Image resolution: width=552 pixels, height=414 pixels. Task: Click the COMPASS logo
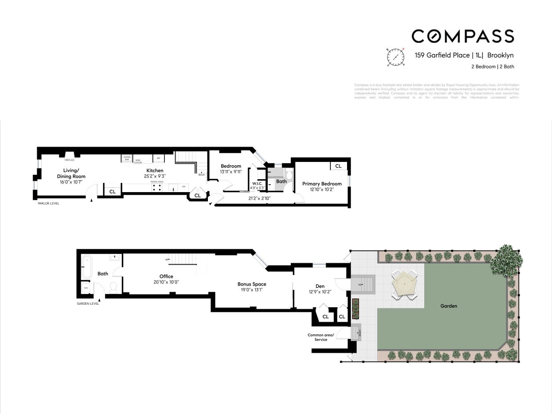pyautogui.click(x=463, y=36)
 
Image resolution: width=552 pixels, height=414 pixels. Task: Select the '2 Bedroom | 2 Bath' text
pyautogui.click(x=492, y=67)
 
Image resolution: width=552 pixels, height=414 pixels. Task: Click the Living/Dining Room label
pyautogui.click(x=71, y=173)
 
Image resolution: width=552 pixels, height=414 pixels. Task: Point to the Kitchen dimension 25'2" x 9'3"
pyautogui.click(x=155, y=176)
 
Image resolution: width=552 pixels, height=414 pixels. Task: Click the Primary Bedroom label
pyautogui.click(x=322, y=184)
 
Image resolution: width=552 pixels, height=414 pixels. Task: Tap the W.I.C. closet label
pyautogui.click(x=257, y=183)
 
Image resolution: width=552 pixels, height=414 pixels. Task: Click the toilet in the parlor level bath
pyautogui.click(x=289, y=175)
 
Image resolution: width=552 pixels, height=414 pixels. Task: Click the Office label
pyautogui.click(x=166, y=277)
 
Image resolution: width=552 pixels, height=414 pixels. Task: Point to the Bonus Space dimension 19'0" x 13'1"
pyautogui.click(x=251, y=290)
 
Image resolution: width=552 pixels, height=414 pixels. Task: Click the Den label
pyautogui.click(x=320, y=286)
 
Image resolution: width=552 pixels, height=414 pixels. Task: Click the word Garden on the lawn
pyautogui.click(x=448, y=306)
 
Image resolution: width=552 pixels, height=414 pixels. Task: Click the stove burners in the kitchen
pyautogui.click(x=157, y=187)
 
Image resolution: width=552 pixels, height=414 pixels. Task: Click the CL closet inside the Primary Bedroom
pyautogui.click(x=338, y=166)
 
